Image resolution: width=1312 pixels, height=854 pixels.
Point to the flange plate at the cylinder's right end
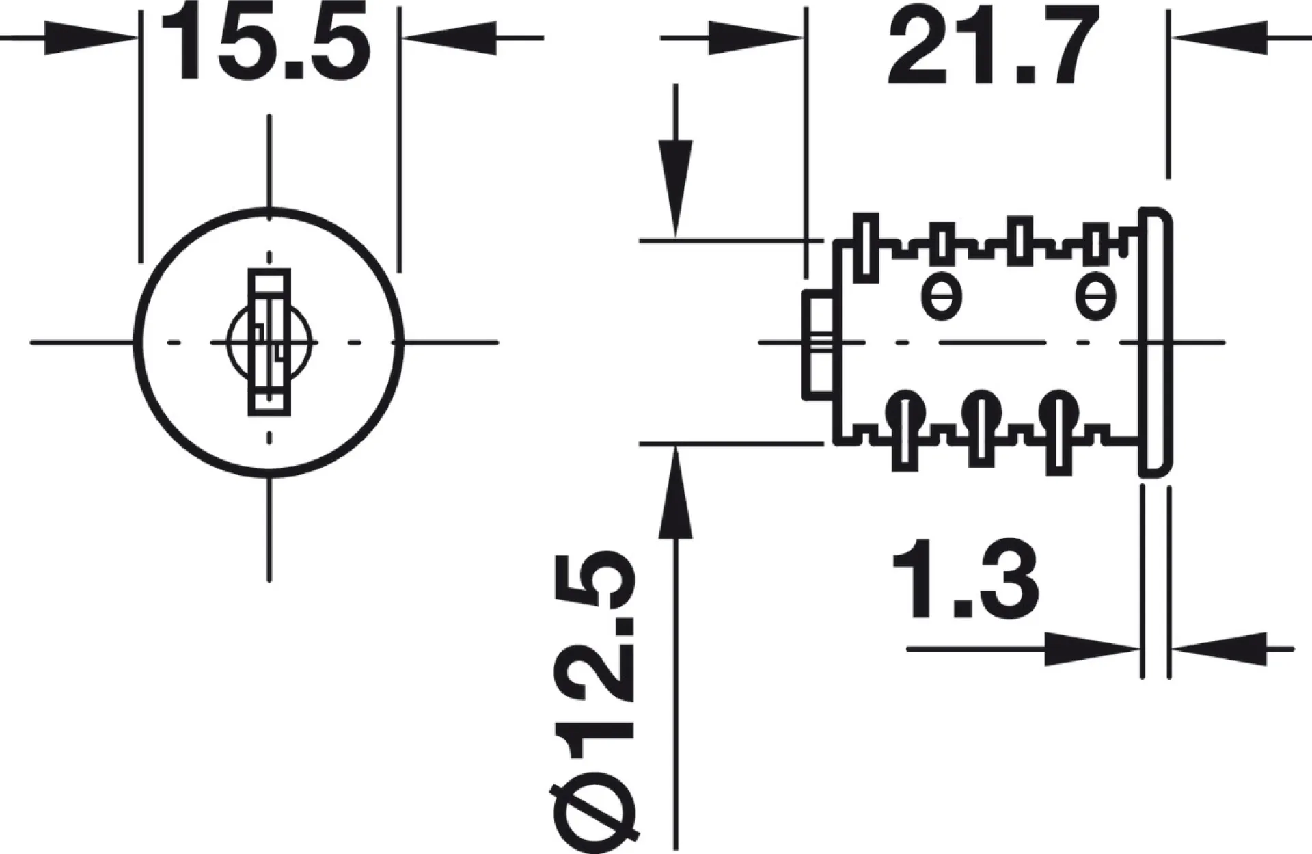tap(1156, 342)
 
